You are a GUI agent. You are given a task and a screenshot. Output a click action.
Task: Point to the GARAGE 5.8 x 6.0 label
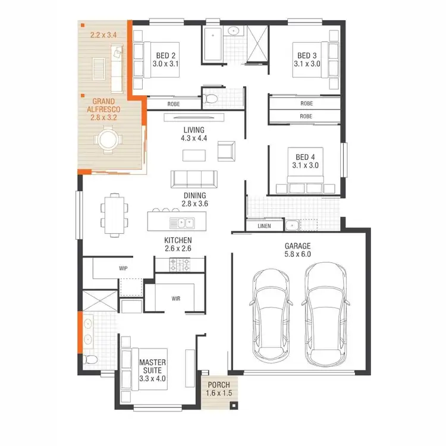point(297,250)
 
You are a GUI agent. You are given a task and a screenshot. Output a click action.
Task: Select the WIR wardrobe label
point(176,297)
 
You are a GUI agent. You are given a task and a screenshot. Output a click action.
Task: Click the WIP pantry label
point(123,268)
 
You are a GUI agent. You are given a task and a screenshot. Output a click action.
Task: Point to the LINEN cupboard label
point(265,226)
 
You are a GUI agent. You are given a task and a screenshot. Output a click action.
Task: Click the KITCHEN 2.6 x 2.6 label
point(178,244)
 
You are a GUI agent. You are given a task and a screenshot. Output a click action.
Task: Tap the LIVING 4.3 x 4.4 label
point(194,134)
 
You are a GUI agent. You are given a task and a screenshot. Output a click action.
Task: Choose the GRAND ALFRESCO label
point(103,110)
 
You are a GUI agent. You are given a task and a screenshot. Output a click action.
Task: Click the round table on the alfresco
point(109,140)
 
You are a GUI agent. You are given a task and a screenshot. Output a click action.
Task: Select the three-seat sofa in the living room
point(193,179)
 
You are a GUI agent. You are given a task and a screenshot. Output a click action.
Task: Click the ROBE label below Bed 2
point(174,103)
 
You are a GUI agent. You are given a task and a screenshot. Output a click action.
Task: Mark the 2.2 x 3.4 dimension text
point(103,35)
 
